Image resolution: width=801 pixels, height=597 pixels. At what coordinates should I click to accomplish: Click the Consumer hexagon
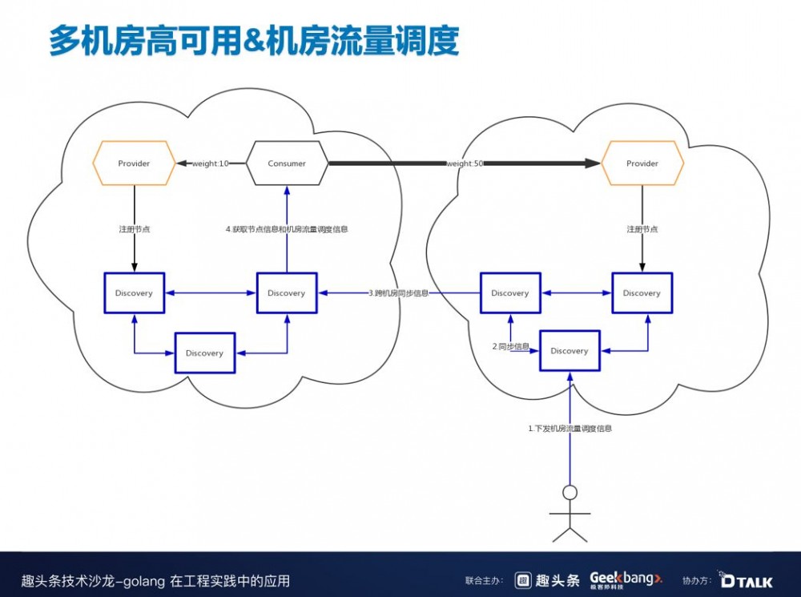click(287, 163)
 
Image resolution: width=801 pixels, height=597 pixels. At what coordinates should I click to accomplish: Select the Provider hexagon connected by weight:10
click(134, 163)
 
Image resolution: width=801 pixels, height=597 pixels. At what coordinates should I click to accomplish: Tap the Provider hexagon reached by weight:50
click(642, 163)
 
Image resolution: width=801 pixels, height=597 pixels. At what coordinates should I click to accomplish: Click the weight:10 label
click(210, 163)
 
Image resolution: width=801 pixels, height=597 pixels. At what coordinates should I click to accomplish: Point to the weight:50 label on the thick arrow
click(464, 163)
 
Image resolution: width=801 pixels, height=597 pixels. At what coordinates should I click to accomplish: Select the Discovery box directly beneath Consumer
click(287, 293)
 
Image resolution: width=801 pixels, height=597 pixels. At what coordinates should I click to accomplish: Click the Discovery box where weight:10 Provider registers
click(134, 293)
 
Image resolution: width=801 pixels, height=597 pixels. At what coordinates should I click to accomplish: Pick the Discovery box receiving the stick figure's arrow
click(570, 351)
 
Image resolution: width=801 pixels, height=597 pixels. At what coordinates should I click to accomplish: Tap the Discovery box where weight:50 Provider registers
click(642, 293)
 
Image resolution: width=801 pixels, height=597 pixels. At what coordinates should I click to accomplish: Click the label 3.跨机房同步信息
click(398, 293)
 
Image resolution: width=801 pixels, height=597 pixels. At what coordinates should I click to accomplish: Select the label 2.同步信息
click(511, 346)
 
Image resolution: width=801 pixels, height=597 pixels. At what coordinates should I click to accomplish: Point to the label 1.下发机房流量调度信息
click(570, 429)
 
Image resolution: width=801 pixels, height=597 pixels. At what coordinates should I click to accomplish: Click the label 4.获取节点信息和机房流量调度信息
click(287, 229)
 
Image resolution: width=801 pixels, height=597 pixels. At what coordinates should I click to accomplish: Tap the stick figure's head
click(570, 492)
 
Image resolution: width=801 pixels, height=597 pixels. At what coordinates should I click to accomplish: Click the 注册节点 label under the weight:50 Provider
click(642, 229)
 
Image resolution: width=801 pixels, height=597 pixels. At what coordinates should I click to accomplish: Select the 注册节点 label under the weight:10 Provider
click(134, 229)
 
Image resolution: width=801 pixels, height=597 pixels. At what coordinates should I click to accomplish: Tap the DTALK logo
click(746, 579)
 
